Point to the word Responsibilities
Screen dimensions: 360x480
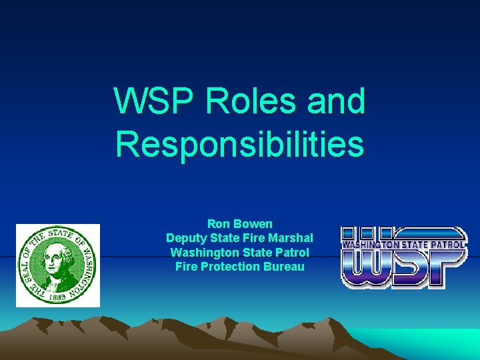239,144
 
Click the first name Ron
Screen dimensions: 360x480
218,224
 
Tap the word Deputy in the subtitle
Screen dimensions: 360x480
186,239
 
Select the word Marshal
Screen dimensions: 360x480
289,239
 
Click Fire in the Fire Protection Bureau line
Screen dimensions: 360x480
187,267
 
